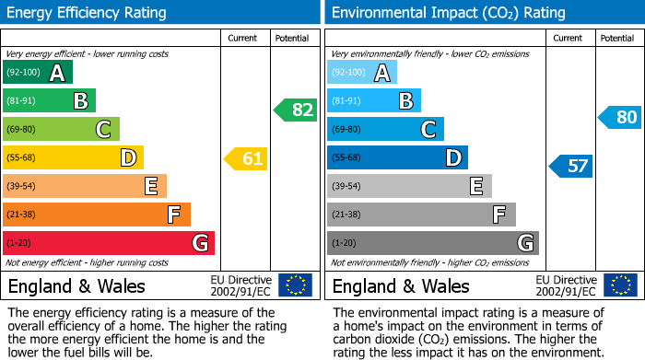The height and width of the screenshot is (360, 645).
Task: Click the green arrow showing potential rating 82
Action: coord(296,110)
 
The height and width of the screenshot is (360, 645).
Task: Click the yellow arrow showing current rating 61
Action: coord(246,159)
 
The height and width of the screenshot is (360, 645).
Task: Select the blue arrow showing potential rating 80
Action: coord(620,117)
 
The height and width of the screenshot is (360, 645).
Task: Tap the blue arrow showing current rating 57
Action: coord(571,166)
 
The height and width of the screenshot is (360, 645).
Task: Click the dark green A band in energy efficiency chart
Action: coord(38,73)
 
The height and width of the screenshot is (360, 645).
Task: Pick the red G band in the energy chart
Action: coord(109,243)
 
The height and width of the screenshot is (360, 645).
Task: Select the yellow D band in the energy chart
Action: coord(73,158)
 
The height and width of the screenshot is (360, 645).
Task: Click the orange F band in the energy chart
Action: coord(97,215)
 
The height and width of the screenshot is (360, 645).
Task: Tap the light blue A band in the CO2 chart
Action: coord(362,73)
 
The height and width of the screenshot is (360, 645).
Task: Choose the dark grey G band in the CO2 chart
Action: coord(433,243)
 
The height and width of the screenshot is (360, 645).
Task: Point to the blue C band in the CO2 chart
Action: coord(385,130)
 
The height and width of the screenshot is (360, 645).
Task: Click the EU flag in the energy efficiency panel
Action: coord(295,285)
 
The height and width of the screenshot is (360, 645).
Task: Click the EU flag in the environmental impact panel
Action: coord(620,285)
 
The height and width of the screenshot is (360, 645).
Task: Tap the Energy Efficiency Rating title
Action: coord(88,13)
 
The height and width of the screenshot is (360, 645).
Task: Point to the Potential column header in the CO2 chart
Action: coord(617,38)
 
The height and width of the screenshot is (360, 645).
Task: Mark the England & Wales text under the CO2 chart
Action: coord(401,286)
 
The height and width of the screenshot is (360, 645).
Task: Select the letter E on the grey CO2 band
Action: coord(475,187)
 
